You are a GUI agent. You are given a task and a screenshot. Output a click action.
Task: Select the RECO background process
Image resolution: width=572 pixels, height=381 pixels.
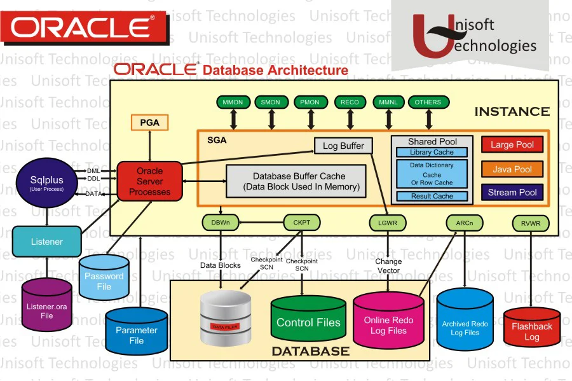click(x=350, y=102)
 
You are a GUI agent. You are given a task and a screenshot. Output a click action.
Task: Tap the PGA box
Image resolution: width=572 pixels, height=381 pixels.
click(x=149, y=121)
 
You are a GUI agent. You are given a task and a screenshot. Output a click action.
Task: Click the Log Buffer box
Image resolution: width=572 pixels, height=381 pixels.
click(x=343, y=146)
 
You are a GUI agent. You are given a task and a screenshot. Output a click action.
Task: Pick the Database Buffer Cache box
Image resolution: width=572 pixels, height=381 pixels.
click(x=296, y=181)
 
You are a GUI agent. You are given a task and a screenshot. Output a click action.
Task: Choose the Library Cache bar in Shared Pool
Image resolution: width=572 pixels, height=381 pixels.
click(x=432, y=153)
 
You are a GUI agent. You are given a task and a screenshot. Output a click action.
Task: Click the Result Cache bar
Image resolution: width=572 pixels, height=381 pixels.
click(x=432, y=197)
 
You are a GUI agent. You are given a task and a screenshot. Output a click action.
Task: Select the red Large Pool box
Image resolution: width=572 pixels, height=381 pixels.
click(x=512, y=145)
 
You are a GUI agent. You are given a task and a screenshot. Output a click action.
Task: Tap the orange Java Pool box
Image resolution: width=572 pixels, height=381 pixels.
click(x=512, y=169)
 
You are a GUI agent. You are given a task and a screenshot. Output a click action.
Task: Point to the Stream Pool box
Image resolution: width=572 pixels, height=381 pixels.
click(x=512, y=192)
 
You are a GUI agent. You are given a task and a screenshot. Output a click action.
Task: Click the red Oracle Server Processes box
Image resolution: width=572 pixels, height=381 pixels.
click(x=149, y=181)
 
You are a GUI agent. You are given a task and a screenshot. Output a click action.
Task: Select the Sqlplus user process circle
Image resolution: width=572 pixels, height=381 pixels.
click(x=47, y=182)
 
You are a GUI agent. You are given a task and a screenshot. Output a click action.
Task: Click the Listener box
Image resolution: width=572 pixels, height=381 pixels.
click(x=47, y=242)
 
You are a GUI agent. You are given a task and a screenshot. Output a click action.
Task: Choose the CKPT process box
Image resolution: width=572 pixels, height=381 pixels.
click(x=301, y=223)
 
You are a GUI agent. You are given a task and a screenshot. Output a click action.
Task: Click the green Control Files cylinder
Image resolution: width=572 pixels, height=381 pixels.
click(x=308, y=322)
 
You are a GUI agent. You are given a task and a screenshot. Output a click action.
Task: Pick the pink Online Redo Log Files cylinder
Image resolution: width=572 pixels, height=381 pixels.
click(x=388, y=324)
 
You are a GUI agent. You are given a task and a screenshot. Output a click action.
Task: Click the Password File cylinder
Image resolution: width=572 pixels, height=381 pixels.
click(x=104, y=280)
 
